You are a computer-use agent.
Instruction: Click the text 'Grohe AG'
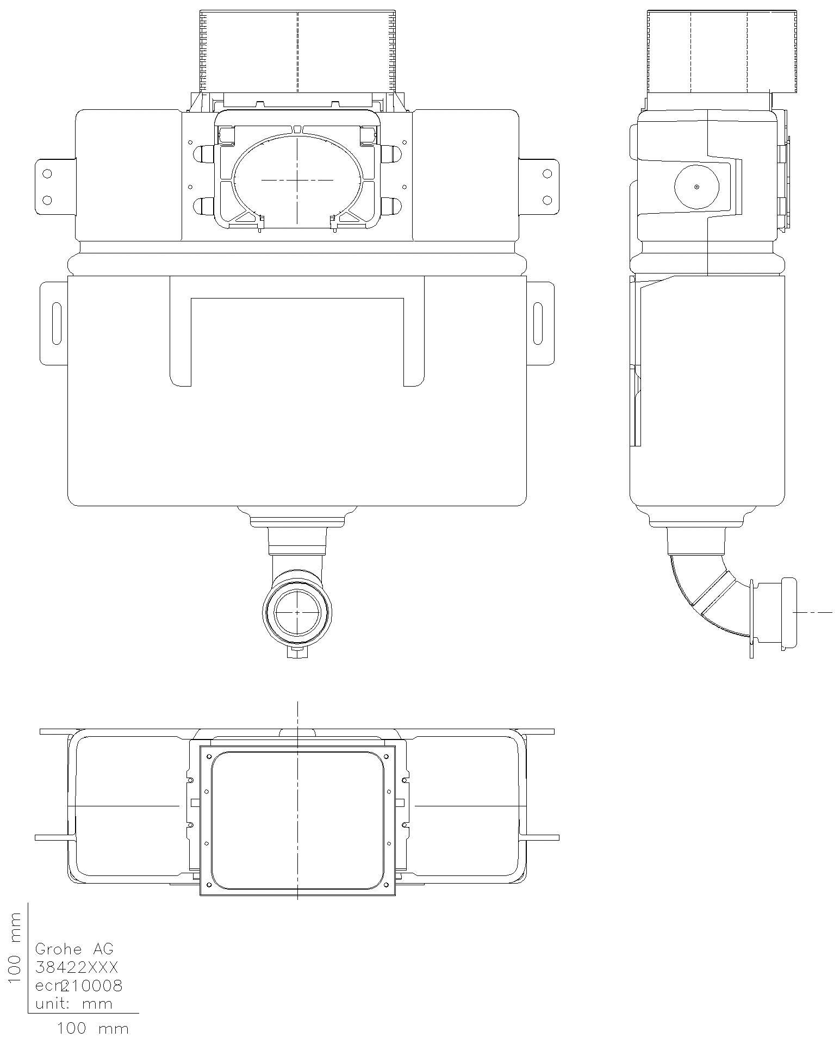click(74, 949)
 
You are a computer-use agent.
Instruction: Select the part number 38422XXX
click(77, 967)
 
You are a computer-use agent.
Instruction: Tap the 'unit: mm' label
click(74, 1003)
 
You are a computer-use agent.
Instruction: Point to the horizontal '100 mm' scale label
click(93, 1029)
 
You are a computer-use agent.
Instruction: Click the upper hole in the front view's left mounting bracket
click(47, 173)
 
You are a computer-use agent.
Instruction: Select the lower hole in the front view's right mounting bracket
click(547, 200)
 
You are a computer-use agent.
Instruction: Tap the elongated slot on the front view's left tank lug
click(57, 324)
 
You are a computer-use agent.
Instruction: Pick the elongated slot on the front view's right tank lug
click(538, 324)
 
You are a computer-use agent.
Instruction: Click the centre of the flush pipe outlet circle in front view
click(297, 612)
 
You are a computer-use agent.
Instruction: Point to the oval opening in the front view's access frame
click(297, 179)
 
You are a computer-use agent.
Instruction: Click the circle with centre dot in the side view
click(697, 187)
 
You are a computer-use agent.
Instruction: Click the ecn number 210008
click(92, 985)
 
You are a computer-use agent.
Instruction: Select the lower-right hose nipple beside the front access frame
click(391, 206)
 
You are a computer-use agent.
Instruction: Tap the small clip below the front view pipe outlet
click(297, 651)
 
